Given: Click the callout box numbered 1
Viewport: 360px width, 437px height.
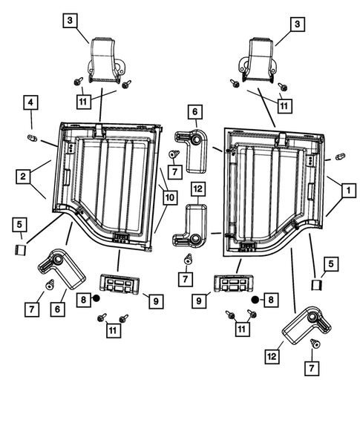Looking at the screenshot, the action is (x=348, y=191).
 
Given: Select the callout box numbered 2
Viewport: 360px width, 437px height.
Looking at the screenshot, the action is (x=23, y=176).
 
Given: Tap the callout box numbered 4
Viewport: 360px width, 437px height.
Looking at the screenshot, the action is (x=30, y=102).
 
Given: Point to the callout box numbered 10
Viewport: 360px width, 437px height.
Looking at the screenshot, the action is (x=169, y=197).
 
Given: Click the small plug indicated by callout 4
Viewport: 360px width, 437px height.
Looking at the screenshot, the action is (x=33, y=138).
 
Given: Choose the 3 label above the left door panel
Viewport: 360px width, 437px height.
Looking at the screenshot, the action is (x=70, y=20).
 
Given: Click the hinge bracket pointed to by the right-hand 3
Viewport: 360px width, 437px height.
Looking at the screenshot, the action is (x=257, y=60).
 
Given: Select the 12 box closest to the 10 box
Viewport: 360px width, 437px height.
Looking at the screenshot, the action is (x=197, y=189).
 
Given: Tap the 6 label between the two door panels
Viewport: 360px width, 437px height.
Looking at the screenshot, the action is (x=195, y=112).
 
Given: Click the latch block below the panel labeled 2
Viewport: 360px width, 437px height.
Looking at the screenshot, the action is (x=120, y=283).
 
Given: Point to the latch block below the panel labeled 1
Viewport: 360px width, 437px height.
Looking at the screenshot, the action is (x=233, y=283).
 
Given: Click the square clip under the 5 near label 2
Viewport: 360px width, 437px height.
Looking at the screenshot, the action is (x=20, y=250).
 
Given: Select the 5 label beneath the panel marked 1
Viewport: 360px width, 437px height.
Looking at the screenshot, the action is (x=331, y=264).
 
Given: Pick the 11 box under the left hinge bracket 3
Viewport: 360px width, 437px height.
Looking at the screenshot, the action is (x=83, y=102).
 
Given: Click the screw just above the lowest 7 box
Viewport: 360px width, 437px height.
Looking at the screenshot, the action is (x=315, y=343).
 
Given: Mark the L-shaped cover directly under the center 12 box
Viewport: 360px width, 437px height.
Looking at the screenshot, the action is (x=190, y=226).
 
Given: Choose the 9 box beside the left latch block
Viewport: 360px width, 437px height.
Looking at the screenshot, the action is (x=156, y=301).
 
